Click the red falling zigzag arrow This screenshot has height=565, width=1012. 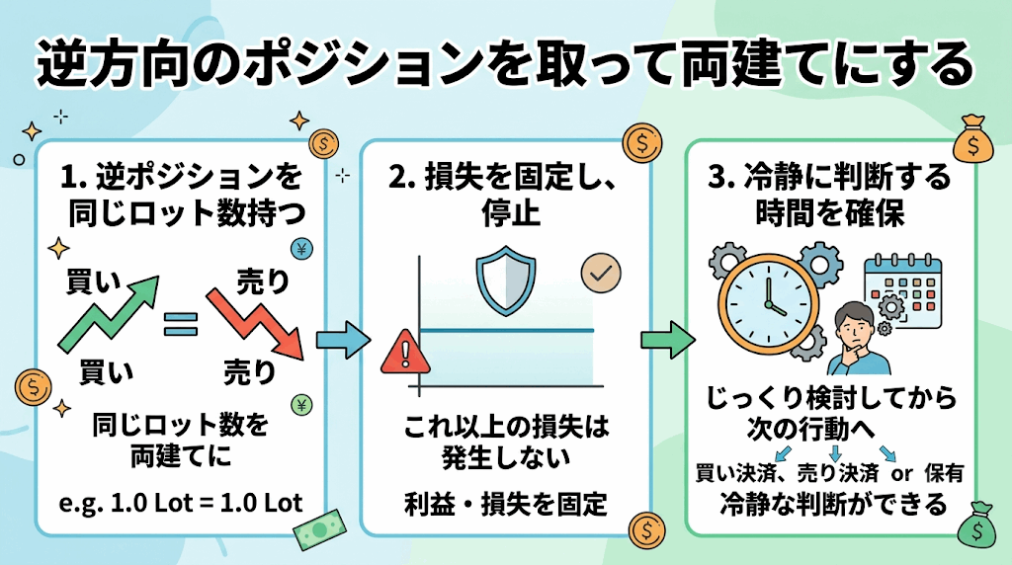coord(256,322)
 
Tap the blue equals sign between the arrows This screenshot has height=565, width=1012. coord(181,324)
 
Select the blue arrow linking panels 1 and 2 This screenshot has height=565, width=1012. coord(343,340)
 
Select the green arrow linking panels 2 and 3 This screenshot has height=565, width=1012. coord(668,340)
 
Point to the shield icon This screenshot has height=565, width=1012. coord(506,280)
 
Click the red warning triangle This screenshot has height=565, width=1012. coord(405,352)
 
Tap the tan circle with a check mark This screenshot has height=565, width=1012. coord(601,274)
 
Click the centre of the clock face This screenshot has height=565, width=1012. coord(768,303)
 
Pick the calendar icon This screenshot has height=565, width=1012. coord(903,290)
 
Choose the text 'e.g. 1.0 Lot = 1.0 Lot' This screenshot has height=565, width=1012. coord(181,503)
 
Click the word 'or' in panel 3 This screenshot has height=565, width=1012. coord(901,473)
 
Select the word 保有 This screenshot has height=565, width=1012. coord(944,473)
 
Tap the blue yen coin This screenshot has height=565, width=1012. coord(301,248)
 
